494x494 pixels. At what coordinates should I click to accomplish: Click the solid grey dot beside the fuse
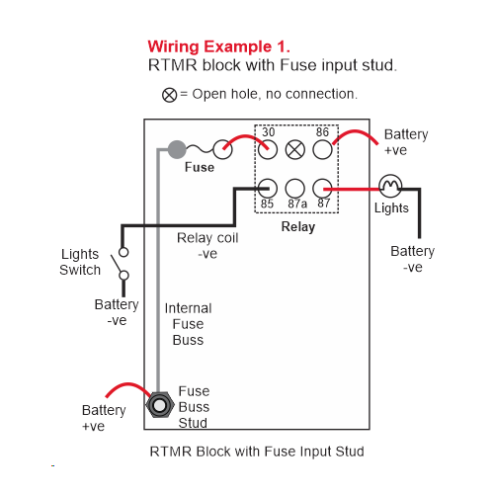[177, 149]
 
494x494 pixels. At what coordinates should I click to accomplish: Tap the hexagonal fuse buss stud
[160, 405]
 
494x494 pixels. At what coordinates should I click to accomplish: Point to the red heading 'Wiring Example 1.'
[218, 46]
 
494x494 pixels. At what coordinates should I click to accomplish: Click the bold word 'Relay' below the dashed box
[298, 227]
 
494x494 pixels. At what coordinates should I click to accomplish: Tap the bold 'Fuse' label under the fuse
[200, 167]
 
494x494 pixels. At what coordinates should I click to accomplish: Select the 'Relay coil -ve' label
[207, 246]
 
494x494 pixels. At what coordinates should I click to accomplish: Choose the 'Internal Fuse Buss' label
[188, 324]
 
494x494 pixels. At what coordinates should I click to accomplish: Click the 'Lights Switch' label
[80, 262]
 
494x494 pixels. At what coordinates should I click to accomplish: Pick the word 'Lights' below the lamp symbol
[391, 208]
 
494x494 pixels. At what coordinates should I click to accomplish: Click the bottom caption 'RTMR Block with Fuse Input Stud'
[257, 452]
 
